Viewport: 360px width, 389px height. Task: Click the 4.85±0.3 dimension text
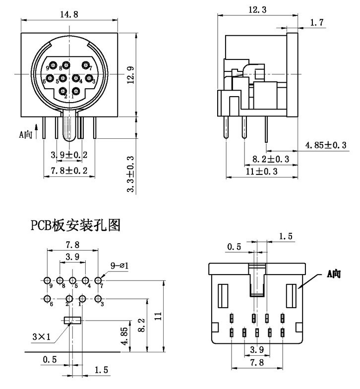tap(326, 145)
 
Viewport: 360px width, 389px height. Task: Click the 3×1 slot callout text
tap(42, 337)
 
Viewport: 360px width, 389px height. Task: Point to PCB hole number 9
tap(47, 279)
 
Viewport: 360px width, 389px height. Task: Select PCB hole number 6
tap(47, 299)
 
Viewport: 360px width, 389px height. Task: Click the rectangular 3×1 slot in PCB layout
tap(72, 320)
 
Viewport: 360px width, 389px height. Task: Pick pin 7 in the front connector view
tap(86, 65)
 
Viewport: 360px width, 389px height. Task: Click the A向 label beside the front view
tap(26, 134)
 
